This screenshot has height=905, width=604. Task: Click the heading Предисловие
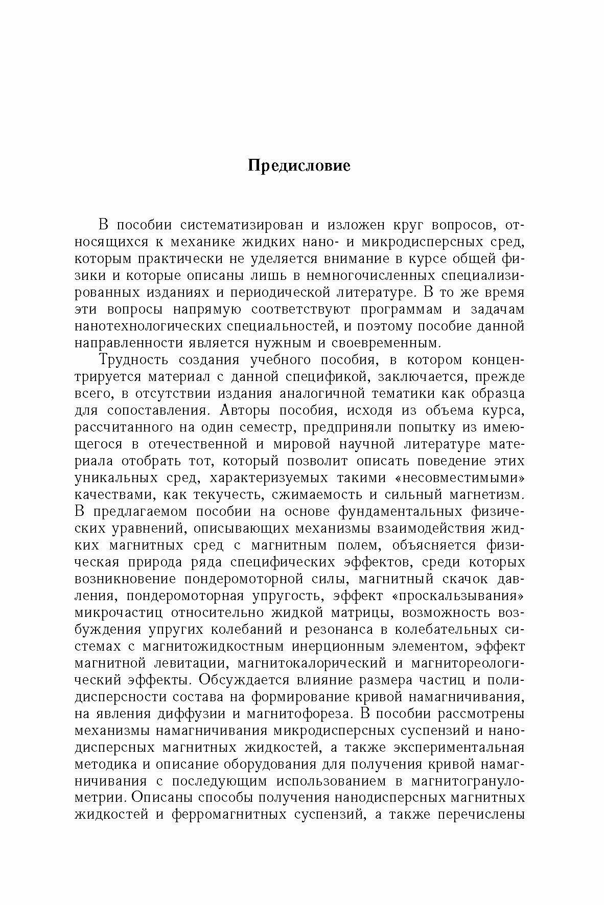pos(299,166)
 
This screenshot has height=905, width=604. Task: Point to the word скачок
pos(469,579)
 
